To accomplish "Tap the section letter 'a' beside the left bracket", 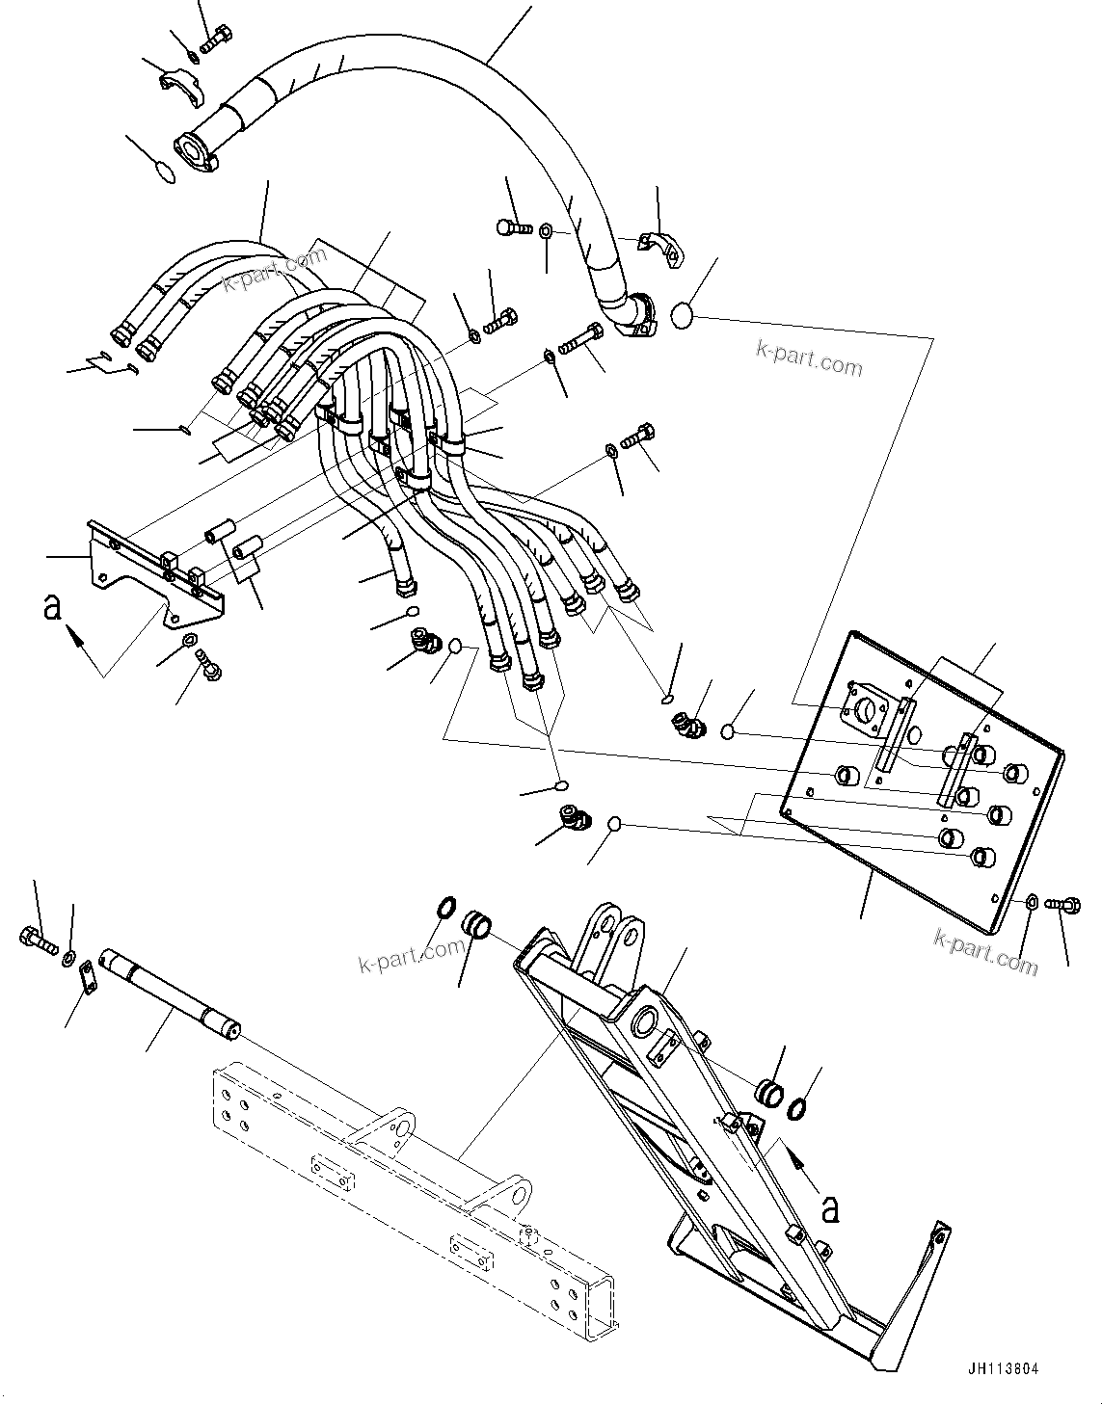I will click(53, 607).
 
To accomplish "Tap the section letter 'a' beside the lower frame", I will click(830, 1207).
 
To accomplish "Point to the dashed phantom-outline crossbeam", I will click(405, 1224).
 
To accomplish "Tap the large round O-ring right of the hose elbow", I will click(683, 315).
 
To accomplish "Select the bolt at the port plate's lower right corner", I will click(1065, 905).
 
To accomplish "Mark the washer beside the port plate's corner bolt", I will click(1032, 902).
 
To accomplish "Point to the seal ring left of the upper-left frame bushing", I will click(446, 908).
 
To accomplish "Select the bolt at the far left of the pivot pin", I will click(37, 935).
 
